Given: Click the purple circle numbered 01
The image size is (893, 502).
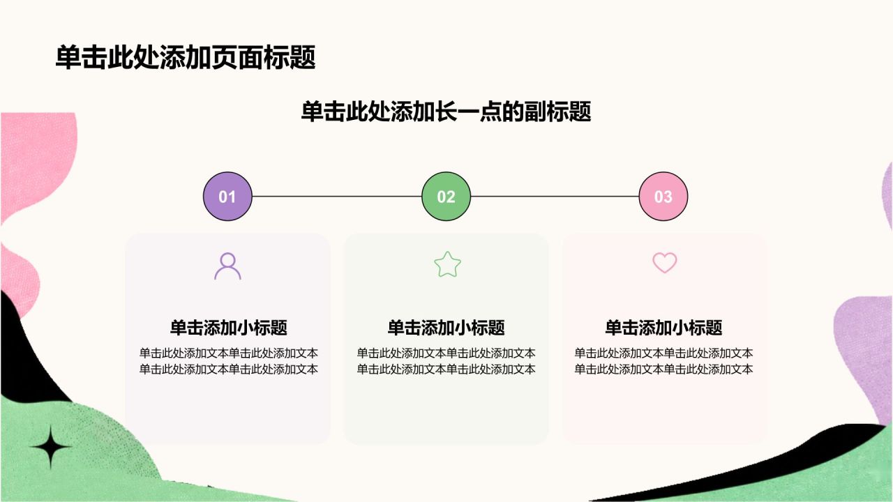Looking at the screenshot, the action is (227, 197).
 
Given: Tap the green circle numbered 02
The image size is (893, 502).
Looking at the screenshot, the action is (446, 197).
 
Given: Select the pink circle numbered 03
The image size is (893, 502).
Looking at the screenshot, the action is (663, 197).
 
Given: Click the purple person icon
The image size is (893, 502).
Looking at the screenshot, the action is (227, 266).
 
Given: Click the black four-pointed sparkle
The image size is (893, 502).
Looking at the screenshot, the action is (51, 447).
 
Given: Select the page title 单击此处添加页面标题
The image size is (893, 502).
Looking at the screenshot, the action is (186, 57).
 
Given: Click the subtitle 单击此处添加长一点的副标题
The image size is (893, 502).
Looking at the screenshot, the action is (446, 112).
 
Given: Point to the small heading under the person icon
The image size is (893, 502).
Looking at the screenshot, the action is (228, 328).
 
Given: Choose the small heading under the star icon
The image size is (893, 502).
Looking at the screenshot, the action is (446, 328).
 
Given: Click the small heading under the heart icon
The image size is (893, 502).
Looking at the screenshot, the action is (663, 328).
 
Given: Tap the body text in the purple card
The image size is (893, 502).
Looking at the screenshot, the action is (228, 361).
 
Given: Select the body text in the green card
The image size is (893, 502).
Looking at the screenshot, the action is (446, 361).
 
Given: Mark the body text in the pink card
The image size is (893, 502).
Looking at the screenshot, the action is (663, 361).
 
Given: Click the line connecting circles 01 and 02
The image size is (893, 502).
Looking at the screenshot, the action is (337, 197).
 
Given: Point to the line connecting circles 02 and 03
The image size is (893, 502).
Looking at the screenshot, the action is (555, 197).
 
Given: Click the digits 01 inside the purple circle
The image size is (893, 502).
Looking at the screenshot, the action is (227, 197).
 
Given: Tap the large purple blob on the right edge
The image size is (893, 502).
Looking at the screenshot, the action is (865, 358).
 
